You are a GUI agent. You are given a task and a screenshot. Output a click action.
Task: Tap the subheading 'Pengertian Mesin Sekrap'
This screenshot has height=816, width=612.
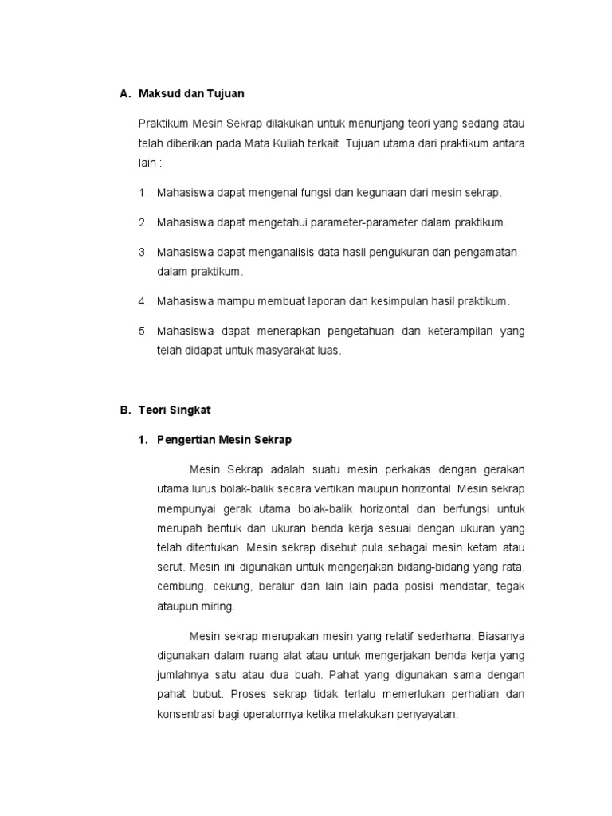click(225, 440)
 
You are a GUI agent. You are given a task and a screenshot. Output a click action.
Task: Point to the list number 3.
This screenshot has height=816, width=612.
click(143, 252)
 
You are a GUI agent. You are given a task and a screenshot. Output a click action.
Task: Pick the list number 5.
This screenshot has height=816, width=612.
click(143, 331)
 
